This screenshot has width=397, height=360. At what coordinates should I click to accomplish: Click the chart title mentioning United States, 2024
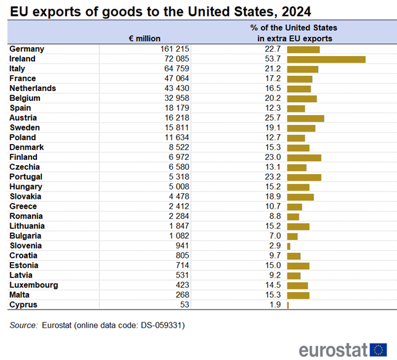(x=160, y=11)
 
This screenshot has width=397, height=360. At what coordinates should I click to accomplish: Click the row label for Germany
(x=26, y=49)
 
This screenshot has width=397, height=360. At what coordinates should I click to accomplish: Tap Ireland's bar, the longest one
(x=326, y=59)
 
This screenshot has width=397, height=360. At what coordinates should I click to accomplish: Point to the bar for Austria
(x=305, y=118)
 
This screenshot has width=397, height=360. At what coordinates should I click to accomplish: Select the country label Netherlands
(x=33, y=89)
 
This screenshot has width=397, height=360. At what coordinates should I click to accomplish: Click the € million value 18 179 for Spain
(x=177, y=108)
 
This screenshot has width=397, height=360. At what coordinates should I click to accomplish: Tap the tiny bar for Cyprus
(x=288, y=305)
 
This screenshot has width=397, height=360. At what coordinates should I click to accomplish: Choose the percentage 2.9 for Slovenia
(x=275, y=246)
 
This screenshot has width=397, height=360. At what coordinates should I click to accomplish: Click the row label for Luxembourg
(x=34, y=286)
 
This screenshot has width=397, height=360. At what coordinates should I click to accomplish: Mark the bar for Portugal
(x=304, y=177)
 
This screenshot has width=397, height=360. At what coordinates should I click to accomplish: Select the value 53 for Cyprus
(x=183, y=305)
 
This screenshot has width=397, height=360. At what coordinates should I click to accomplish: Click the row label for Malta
(x=20, y=295)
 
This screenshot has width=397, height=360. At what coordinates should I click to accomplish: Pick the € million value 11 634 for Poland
(x=177, y=138)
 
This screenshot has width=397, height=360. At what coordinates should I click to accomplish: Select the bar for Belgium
(x=302, y=98)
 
